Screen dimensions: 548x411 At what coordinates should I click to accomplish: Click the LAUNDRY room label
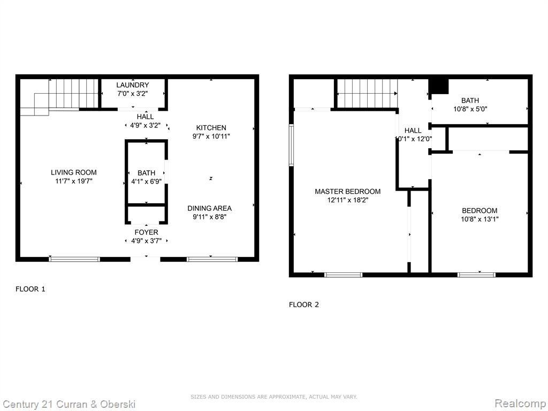click(x=133, y=85)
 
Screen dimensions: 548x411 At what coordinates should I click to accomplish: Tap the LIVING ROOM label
click(x=74, y=172)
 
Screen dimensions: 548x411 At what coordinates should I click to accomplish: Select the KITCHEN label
click(x=211, y=127)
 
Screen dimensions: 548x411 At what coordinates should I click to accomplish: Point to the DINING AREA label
click(x=209, y=208)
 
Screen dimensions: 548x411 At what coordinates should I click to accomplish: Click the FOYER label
click(x=146, y=232)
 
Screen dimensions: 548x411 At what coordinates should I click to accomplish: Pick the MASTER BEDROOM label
click(x=348, y=192)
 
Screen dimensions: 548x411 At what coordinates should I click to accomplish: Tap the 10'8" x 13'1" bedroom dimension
click(x=479, y=219)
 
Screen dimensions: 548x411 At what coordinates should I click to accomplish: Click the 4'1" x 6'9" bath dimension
click(x=146, y=182)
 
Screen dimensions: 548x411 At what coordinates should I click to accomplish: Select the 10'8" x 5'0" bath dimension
click(x=470, y=109)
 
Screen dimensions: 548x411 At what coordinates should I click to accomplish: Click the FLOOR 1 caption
click(x=31, y=289)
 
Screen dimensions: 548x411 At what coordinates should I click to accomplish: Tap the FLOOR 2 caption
click(x=304, y=305)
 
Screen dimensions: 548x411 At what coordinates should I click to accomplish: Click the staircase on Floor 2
click(x=367, y=93)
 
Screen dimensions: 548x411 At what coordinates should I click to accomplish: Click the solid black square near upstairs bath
click(x=439, y=87)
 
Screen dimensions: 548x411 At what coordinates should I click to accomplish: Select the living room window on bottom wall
click(x=74, y=260)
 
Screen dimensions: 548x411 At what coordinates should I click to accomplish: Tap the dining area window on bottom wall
click(x=212, y=260)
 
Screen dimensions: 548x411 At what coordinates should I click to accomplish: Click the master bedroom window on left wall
click(x=291, y=145)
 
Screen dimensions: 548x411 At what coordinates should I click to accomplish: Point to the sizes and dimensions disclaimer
click(x=273, y=397)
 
